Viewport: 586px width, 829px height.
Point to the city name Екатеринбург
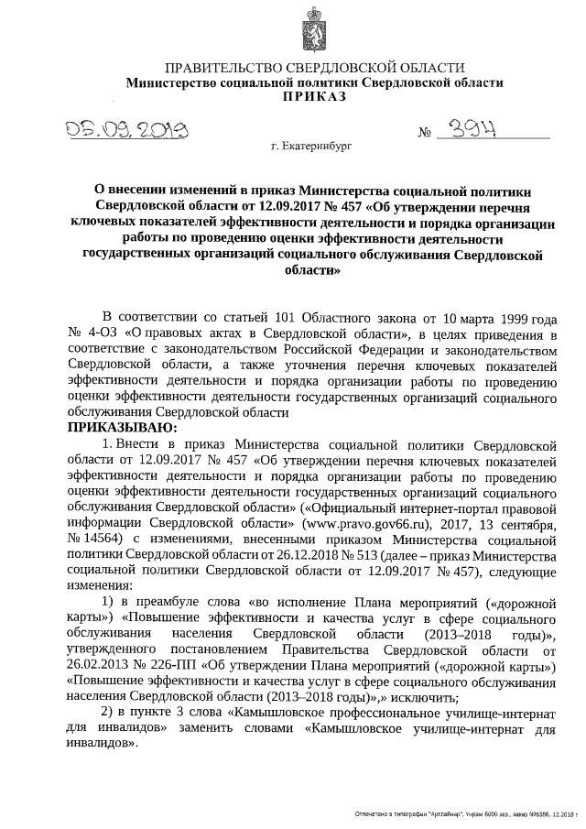tap(310, 146)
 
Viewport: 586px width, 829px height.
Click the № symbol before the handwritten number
tap(425, 134)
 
